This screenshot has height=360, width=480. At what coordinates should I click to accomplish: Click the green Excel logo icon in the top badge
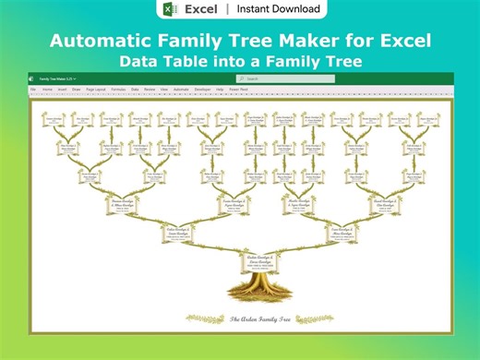169,9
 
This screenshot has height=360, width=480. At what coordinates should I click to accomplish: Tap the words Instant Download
278,9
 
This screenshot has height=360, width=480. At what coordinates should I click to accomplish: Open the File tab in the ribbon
32,90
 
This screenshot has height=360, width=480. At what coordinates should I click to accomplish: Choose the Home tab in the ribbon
46,90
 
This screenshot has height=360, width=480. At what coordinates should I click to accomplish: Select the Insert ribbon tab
62,90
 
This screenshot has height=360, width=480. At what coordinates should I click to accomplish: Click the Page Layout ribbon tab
97,90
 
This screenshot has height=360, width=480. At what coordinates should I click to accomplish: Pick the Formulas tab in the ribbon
119,90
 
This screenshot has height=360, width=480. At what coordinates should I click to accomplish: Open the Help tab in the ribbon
220,90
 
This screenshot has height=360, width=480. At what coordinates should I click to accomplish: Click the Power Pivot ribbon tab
238,90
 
